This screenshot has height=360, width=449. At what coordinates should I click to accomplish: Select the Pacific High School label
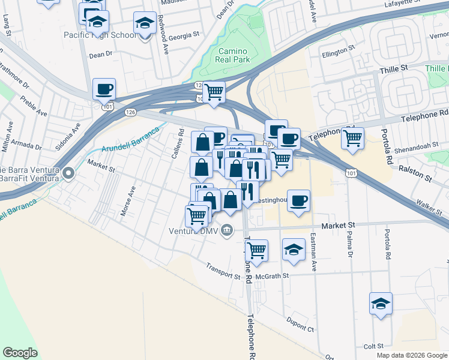click(x=100, y=35)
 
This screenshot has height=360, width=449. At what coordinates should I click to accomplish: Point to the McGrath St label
click(x=272, y=276)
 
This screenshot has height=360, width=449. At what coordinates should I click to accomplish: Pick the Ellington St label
click(x=334, y=52)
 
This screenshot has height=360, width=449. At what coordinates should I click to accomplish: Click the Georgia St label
click(x=183, y=36)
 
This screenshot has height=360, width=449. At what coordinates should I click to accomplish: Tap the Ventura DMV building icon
click(x=227, y=229)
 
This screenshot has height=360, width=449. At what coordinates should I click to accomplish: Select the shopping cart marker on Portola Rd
click(x=352, y=138)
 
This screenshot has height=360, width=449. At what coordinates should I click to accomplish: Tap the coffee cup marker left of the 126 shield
click(x=104, y=89)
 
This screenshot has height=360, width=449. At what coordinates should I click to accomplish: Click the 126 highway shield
click(x=130, y=112)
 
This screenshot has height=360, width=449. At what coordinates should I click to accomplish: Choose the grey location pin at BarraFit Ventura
click(x=68, y=174)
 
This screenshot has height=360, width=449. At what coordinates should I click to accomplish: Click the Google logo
click(x=20, y=353)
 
